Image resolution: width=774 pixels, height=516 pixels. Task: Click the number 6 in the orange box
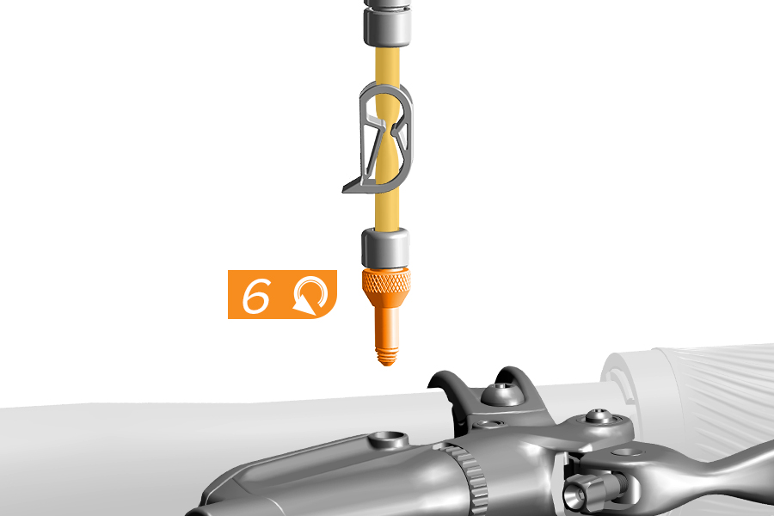[256, 295]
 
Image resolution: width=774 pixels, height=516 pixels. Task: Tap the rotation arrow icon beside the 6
[310, 296]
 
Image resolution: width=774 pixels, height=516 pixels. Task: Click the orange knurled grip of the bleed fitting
[386, 281]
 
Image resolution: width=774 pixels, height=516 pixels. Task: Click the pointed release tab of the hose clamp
[355, 186]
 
